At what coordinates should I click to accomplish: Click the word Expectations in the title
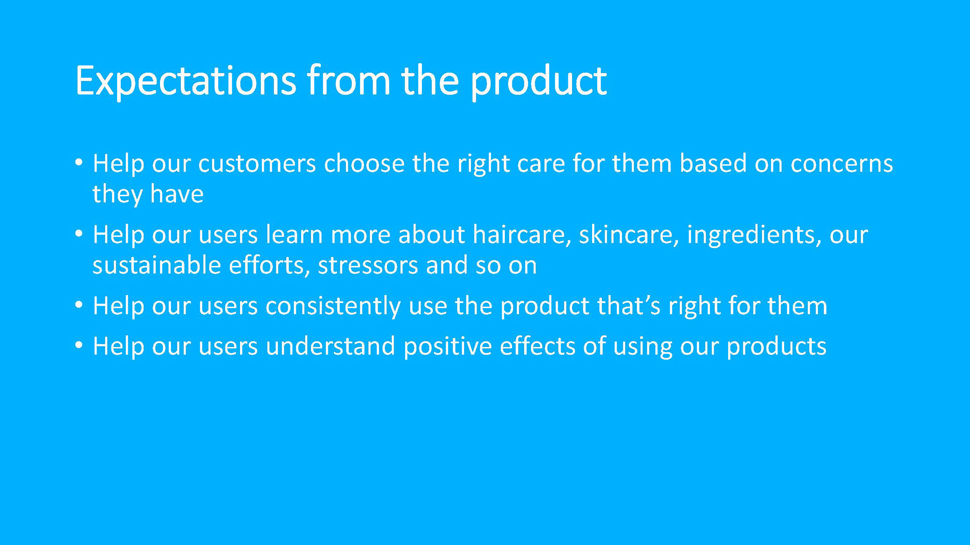point(185,81)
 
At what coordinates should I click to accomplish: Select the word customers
point(257,164)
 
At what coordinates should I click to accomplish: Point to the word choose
point(364,163)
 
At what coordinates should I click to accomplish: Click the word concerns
point(842,165)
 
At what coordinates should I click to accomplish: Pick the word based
point(713,163)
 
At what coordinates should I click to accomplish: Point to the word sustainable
point(157,265)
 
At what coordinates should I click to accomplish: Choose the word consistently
point(333,307)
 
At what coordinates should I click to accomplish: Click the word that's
point(628,306)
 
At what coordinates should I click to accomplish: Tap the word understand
point(330,346)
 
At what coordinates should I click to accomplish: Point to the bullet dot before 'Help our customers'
point(78,163)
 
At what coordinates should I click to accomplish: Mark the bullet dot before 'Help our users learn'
point(78,234)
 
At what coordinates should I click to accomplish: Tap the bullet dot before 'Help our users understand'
point(78,346)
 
